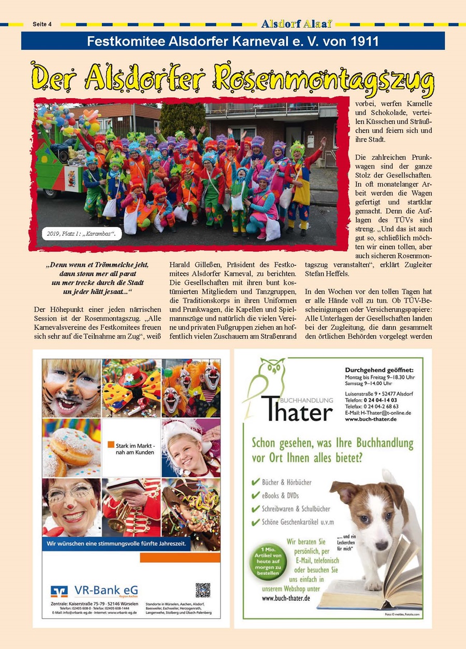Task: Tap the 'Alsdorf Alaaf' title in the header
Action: click(x=297, y=24)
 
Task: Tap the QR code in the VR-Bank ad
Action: click(x=203, y=590)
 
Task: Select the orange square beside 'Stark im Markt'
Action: click(x=111, y=444)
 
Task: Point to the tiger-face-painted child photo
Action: click(x=71, y=388)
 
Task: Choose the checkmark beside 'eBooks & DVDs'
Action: click(x=255, y=495)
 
